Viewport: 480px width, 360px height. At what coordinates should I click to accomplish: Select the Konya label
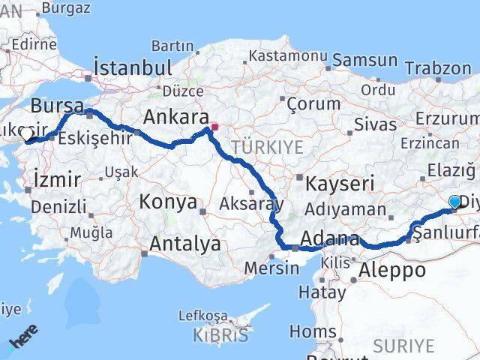coord(169,202)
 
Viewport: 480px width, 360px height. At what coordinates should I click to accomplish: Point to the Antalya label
coord(185,244)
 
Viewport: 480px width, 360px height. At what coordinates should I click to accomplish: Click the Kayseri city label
coord(335,182)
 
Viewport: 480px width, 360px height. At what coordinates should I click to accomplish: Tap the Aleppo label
coord(393,270)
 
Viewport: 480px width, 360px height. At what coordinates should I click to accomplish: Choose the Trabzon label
coord(440,67)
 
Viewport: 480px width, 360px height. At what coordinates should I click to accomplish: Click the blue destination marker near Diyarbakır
coord(454,202)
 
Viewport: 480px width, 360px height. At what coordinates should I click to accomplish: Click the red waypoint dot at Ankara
coord(214,127)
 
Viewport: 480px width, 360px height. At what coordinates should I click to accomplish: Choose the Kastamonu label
coord(289,56)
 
